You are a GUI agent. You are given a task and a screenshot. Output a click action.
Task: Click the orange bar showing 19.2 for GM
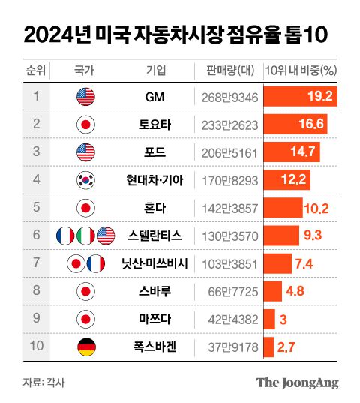click(x=301, y=96)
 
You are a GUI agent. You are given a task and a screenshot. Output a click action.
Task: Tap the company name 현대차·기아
click(x=160, y=180)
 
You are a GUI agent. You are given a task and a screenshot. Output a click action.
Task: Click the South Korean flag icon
click(x=85, y=180)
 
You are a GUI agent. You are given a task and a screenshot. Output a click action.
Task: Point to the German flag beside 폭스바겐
click(x=85, y=347)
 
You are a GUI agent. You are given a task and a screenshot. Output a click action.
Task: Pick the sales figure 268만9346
click(x=230, y=97)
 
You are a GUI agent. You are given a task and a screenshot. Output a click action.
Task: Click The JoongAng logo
click(x=297, y=383)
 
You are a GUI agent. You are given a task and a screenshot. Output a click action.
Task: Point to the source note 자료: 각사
click(x=43, y=383)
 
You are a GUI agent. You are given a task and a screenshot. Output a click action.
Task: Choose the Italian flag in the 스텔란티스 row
click(x=85, y=236)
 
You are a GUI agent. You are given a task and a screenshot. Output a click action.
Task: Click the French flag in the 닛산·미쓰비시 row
click(x=96, y=263)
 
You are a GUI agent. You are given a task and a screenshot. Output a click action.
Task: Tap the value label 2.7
click(x=286, y=347)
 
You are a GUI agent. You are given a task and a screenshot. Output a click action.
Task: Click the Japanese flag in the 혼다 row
click(x=85, y=208)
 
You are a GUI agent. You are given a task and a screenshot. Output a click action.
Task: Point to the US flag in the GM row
click(x=85, y=97)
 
